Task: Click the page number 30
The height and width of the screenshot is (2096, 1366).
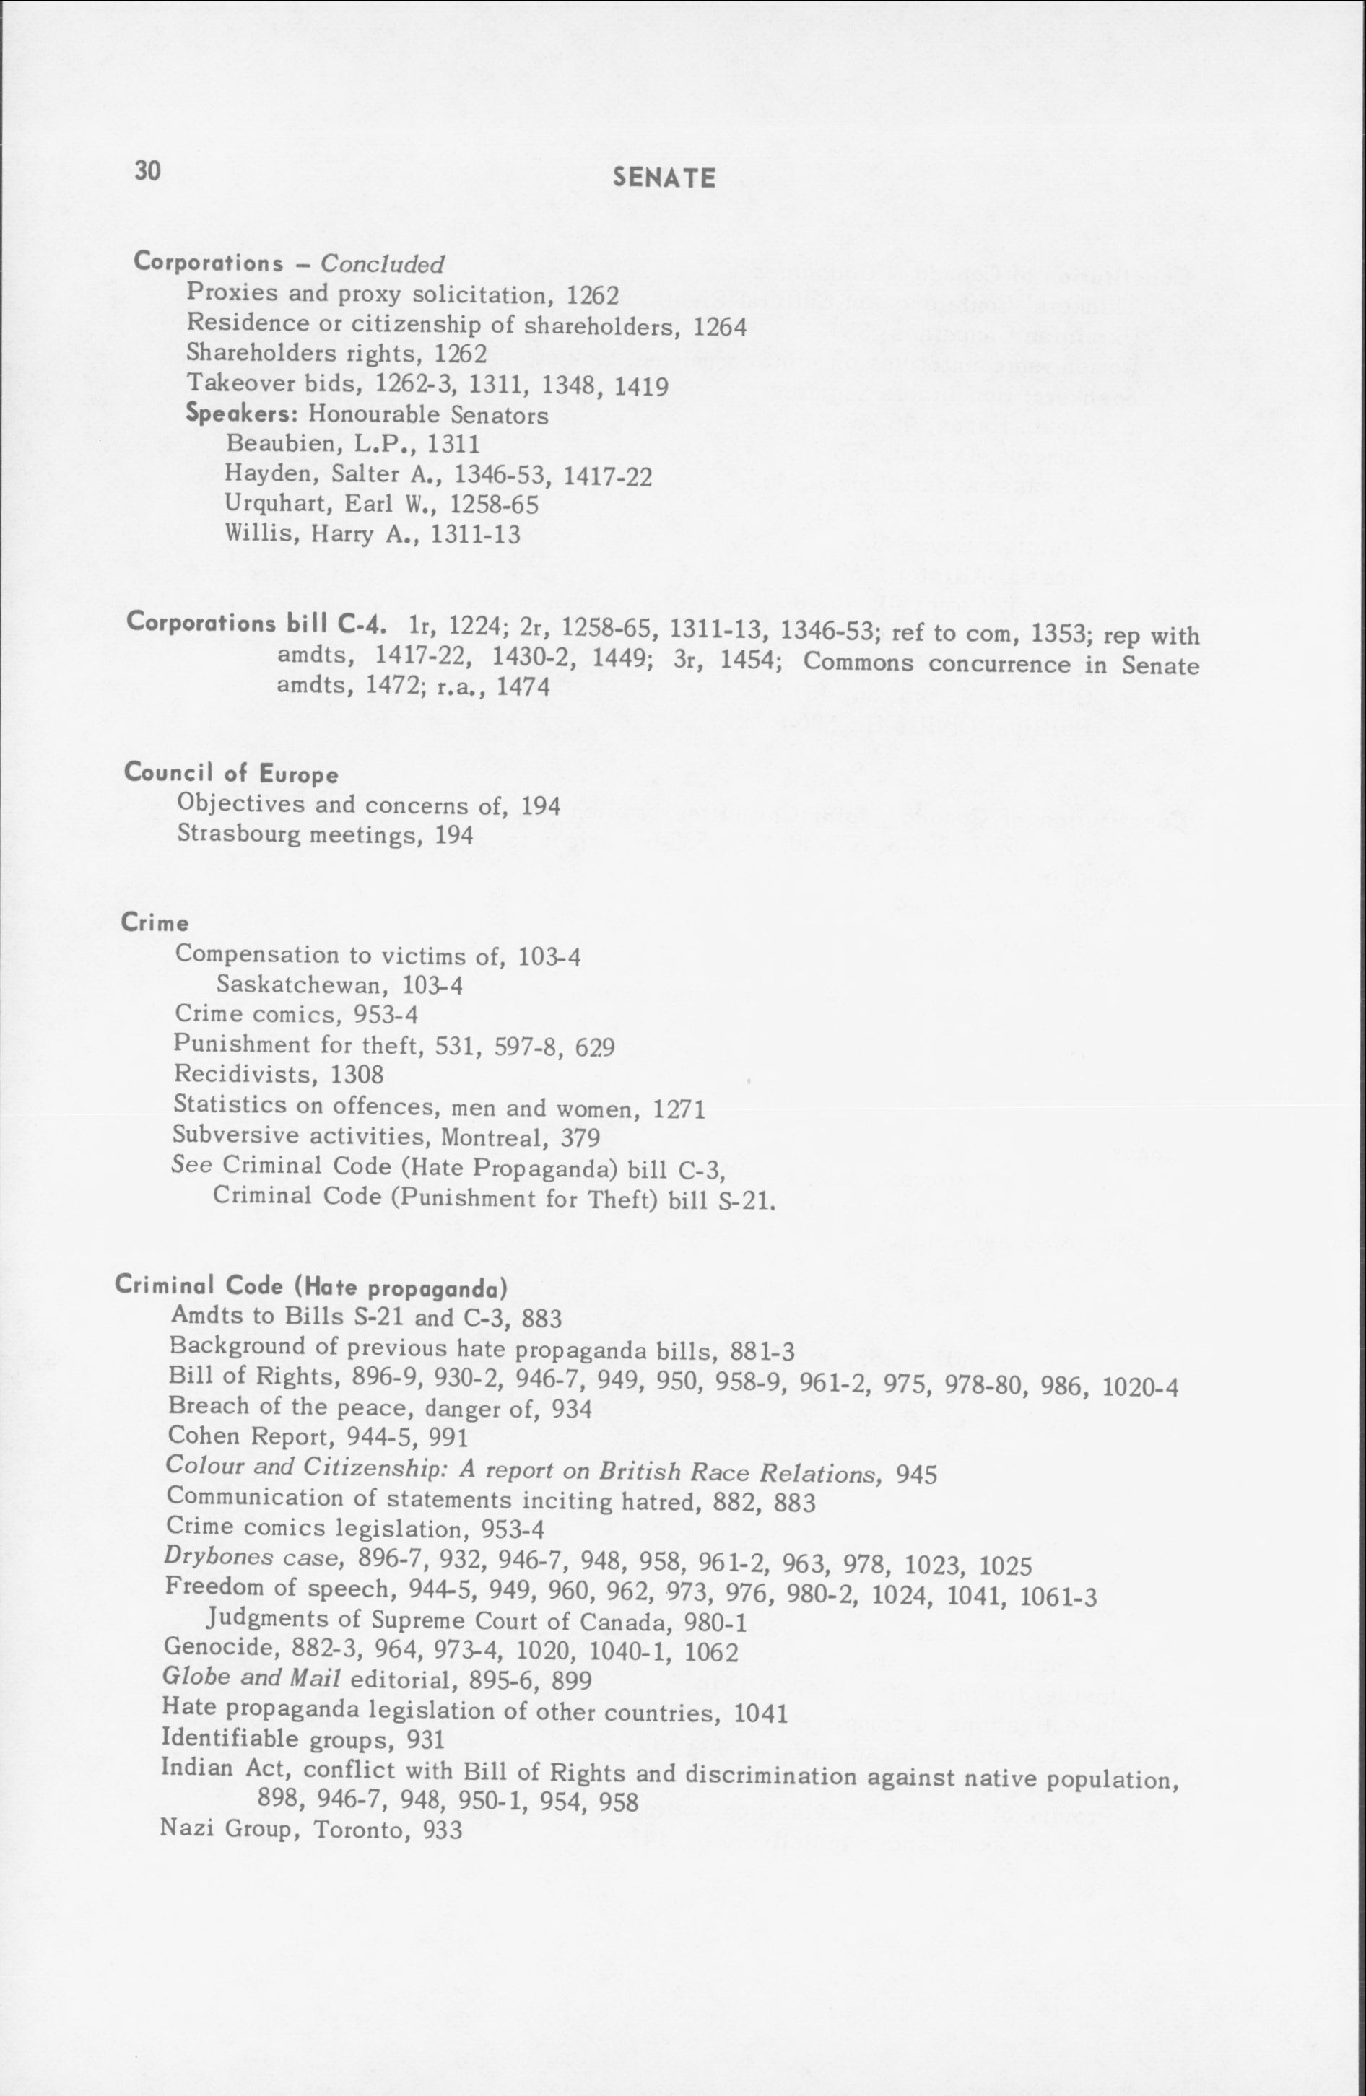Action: click(x=148, y=170)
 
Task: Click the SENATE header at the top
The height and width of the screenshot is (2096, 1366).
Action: click(x=664, y=179)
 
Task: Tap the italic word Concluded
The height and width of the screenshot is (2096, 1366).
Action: click(x=382, y=264)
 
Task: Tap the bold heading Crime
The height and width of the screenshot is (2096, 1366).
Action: click(x=155, y=923)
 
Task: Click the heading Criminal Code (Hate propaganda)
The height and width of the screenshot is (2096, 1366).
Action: click(x=311, y=1287)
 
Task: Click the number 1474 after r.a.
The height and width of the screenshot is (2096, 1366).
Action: click(x=523, y=687)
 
